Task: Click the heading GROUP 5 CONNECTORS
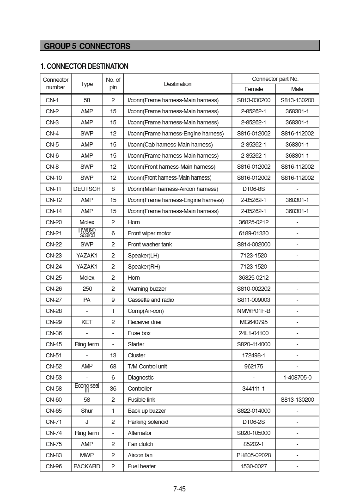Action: click(x=87, y=46)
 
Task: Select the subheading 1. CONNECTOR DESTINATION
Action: click(x=84, y=66)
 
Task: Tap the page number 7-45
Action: click(x=179, y=489)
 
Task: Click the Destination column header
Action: click(x=177, y=84)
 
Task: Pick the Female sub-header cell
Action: click(x=253, y=89)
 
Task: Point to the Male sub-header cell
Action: click(x=297, y=89)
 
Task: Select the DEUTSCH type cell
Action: click(x=87, y=189)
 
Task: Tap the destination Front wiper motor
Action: click(x=149, y=233)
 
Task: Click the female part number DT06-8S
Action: click(x=253, y=189)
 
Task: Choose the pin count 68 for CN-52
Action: click(x=113, y=367)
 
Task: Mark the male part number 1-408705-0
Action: click(x=297, y=378)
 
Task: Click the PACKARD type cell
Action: click(x=87, y=466)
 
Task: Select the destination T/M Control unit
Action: click(x=147, y=367)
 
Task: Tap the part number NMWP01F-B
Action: click(x=253, y=311)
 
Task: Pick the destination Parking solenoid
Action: click(x=148, y=422)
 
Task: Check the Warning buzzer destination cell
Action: click(x=147, y=289)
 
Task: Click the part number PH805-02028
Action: click(x=253, y=455)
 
